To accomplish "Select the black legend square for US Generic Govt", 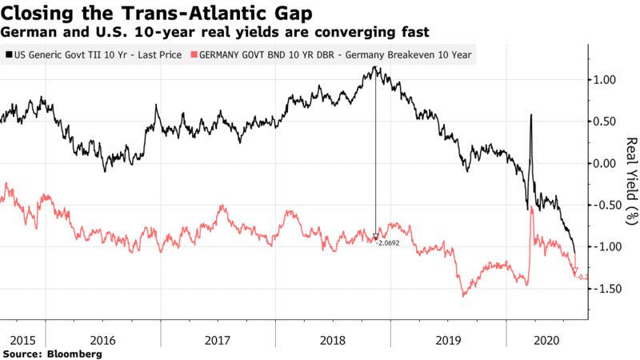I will click(8, 55).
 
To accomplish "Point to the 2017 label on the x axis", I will click(218, 338).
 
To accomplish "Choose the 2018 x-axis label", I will click(333, 338).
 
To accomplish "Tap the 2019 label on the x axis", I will click(448, 338).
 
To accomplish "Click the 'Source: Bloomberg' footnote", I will click(53, 353).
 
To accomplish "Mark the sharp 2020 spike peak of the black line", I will click(531, 115).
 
